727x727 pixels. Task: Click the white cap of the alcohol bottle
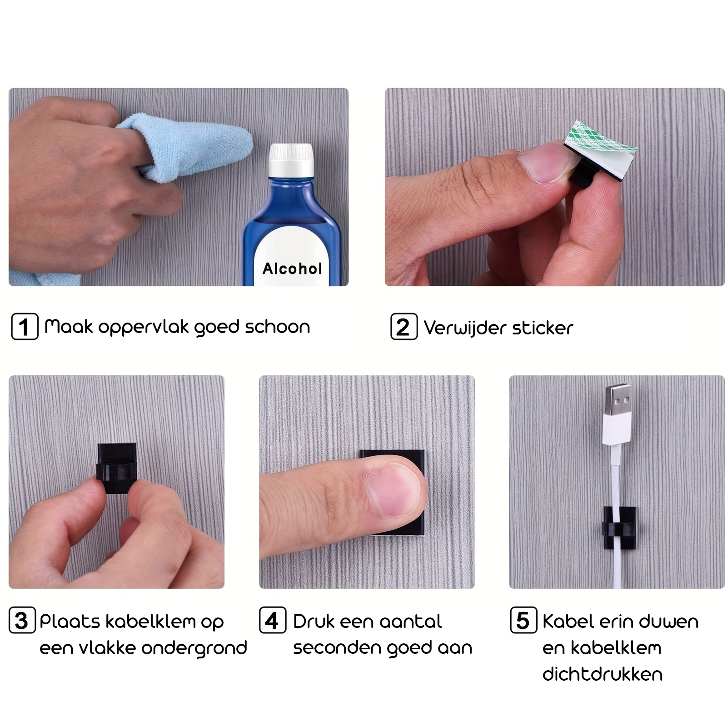point(291,160)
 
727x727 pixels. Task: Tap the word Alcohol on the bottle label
point(292,269)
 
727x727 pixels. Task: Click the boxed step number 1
point(25,326)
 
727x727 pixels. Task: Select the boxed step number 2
point(404,327)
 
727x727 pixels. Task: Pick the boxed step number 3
point(22,620)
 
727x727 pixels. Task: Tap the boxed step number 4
point(273,620)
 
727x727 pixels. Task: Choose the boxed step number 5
point(523,620)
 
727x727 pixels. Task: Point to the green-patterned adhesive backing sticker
point(601,138)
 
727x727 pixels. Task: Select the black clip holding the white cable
point(619,527)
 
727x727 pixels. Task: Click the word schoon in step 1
point(278,327)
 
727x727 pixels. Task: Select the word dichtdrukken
point(603,674)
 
